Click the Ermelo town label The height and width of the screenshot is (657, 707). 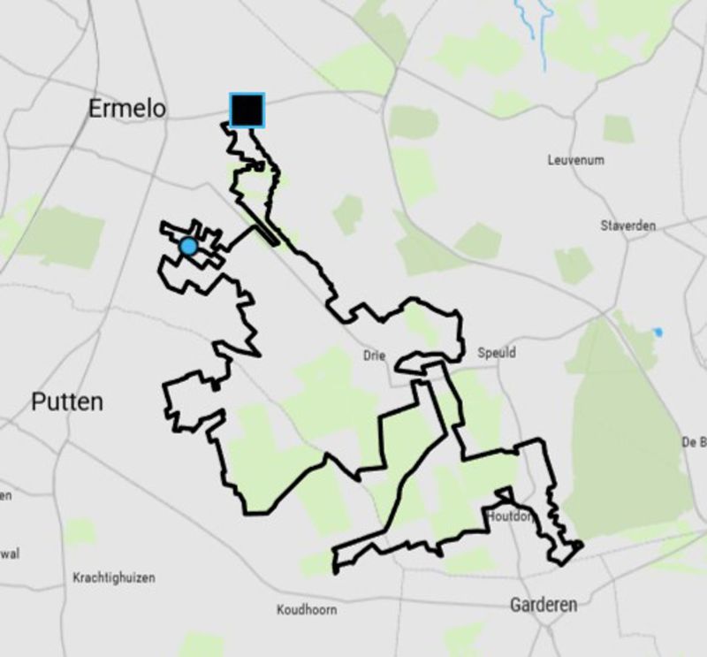[x=126, y=109]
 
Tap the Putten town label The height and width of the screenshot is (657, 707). [x=67, y=402]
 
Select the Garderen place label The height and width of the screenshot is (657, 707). [x=544, y=605]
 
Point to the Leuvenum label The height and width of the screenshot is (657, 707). [x=575, y=160]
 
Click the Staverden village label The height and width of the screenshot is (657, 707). [x=627, y=225]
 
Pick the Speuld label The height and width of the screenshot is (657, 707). [x=497, y=352]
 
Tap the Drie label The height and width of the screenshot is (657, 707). [x=375, y=355]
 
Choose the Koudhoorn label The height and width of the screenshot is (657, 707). [x=307, y=609]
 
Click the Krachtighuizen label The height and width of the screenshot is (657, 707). [x=113, y=577]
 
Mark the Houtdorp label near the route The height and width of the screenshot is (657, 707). [x=510, y=516]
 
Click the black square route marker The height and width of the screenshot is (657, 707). [x=247, y=110]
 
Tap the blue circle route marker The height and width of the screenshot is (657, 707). [x=188, y=247]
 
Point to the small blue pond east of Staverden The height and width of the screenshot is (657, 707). [x=658, y=332]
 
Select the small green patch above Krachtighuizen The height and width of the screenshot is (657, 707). [x=81, y=531]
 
